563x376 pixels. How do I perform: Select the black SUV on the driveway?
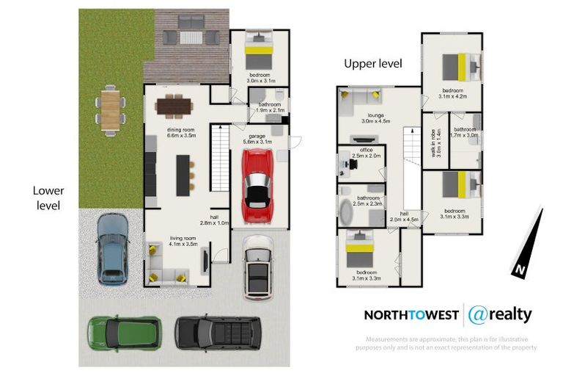pyautogui.click(x=217, y=332)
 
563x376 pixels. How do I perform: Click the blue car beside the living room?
pyautogui.click(x=111, y=247)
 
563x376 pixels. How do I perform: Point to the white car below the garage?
pyautogui.click(x=257, y=267)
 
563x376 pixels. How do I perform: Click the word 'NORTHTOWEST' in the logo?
pyautogui.click(x=411, y=315)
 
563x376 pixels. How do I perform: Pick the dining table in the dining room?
pyautogui.click(x=174, y=106)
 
